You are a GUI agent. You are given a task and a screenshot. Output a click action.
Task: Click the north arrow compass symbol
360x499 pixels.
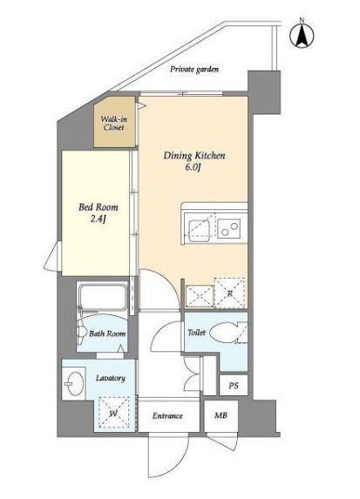302,35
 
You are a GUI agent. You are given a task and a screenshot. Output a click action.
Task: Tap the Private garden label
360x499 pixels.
194,70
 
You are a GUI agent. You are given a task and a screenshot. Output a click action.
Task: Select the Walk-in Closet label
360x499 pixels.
113,124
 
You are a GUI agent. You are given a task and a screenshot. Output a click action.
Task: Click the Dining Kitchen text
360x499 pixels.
194,156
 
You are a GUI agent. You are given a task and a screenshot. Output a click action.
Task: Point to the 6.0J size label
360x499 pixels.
193,167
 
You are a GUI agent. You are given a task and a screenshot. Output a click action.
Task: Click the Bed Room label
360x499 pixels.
98,207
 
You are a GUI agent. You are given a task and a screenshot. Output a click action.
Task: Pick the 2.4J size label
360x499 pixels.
98,219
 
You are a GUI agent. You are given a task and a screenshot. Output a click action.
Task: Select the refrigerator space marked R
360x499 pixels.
229,293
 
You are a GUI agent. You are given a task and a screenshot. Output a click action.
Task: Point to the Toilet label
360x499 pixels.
196,333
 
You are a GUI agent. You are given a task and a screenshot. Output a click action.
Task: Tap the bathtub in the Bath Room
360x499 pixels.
103,297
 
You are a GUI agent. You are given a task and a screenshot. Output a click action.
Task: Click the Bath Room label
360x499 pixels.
107,334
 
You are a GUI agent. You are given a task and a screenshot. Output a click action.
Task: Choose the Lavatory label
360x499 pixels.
111,378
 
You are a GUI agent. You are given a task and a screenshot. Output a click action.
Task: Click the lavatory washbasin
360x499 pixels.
75,383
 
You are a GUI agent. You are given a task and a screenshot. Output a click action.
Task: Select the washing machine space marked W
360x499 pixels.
114,413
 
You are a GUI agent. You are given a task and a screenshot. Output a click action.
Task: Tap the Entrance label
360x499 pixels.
167,415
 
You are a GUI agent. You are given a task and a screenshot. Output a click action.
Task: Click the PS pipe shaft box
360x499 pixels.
234,386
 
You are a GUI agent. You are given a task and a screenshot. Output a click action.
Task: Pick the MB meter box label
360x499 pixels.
221,415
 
